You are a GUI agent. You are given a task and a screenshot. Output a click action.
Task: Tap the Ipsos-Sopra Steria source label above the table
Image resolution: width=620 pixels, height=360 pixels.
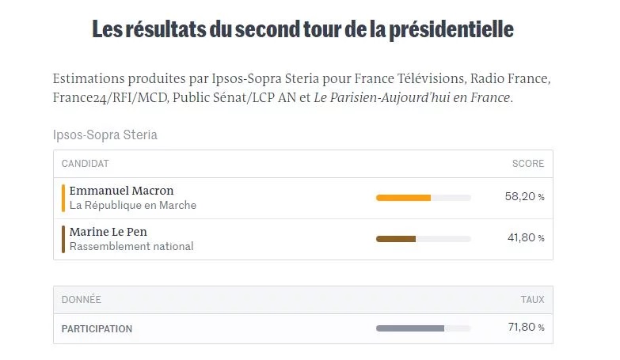coord(105,135)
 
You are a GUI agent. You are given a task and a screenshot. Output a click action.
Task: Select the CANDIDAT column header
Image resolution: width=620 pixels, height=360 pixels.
coord(85,164)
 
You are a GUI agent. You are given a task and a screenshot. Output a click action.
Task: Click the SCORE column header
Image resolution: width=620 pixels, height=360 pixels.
coord(528,164)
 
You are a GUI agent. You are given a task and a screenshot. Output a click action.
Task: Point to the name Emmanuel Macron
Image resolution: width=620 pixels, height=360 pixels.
coord(121,191)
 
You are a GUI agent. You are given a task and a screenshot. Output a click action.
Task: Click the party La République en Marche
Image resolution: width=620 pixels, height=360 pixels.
coord(132,205)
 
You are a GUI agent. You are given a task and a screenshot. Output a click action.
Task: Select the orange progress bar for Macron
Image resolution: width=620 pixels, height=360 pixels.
coord(404,197)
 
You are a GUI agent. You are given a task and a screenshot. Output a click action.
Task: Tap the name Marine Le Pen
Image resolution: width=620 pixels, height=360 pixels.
coord(108,232)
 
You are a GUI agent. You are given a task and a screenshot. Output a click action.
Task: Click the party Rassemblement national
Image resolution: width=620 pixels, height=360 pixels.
coord(131,246)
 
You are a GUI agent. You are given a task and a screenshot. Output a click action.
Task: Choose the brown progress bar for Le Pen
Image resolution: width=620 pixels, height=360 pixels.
coord(396,238)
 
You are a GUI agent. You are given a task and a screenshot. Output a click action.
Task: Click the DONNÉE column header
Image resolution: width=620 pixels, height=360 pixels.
coord(81,300)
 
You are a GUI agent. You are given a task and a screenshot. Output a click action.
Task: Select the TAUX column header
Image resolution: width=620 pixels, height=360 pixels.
coord(532,300)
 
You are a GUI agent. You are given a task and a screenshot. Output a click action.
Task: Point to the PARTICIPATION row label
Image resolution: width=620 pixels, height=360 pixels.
coord(97,328)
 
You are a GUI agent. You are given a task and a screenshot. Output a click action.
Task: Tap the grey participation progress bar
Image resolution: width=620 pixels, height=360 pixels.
coord(410,328)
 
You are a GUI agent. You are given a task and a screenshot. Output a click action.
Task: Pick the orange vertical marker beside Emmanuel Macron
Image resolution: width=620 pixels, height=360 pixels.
coord(63,198)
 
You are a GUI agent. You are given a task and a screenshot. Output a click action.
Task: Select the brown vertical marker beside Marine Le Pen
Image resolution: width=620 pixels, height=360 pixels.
coord(63,239)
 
